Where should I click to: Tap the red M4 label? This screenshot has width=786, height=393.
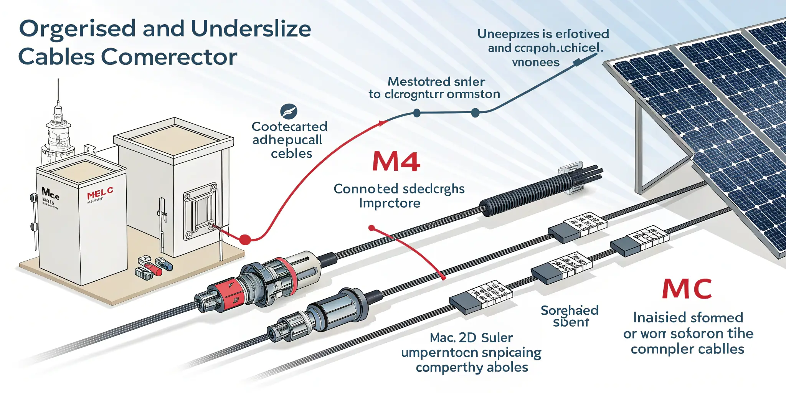tap(396, 162)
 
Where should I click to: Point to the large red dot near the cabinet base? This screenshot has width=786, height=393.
tap(245, 240)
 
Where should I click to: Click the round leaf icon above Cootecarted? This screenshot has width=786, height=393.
tap(289, 111)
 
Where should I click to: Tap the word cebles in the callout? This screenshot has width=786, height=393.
tap(291, 154)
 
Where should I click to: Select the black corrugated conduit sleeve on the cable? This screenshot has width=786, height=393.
tap(526, 194)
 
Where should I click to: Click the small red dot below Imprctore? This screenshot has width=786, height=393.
tap(371, 228)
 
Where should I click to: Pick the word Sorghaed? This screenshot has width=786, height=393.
tap(570, 310)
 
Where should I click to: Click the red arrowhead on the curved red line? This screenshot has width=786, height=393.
tap(382, 123)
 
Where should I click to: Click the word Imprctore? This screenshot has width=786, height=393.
tap(390, 203)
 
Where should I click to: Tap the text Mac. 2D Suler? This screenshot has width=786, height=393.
tap(471, 338)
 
